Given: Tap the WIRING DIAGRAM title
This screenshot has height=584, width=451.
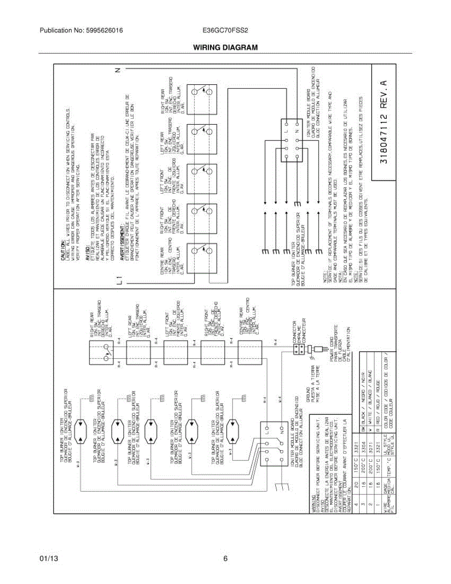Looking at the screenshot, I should click(x=225, y=47).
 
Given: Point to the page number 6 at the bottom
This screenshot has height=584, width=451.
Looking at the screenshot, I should click(x=225, y=559).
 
